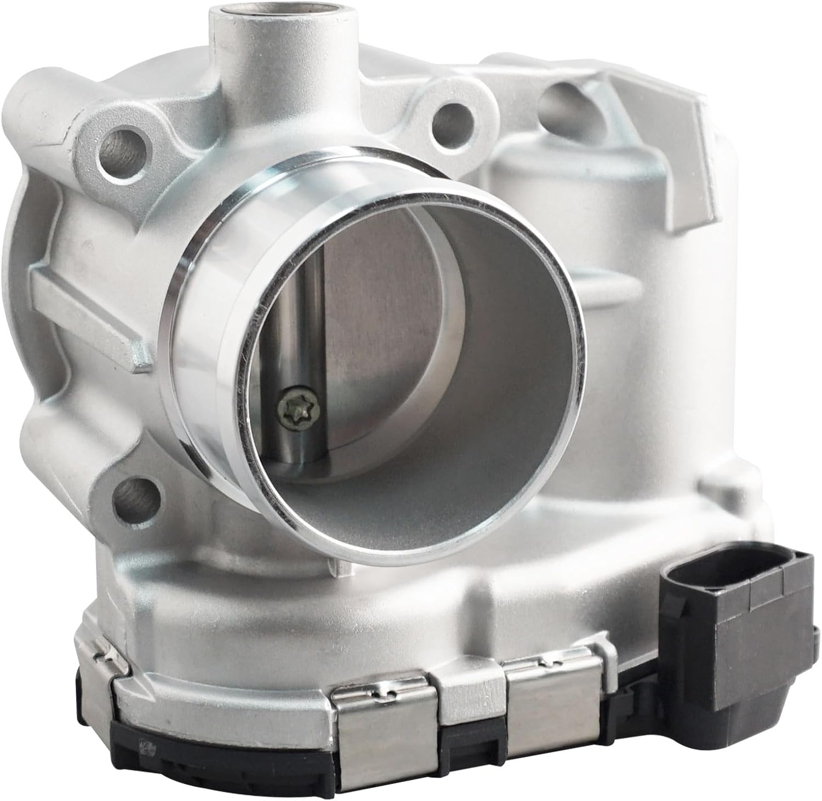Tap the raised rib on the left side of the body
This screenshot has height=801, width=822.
(x=82, y=307)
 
